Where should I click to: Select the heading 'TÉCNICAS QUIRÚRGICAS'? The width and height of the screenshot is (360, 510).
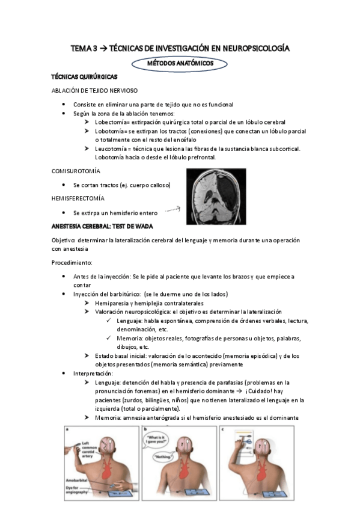[84, 77]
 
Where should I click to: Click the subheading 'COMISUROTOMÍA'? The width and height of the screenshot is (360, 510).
[77, 171]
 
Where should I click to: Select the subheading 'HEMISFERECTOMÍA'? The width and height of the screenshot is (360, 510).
[78, 198]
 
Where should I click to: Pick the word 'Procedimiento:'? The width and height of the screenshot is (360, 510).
[72, 262]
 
